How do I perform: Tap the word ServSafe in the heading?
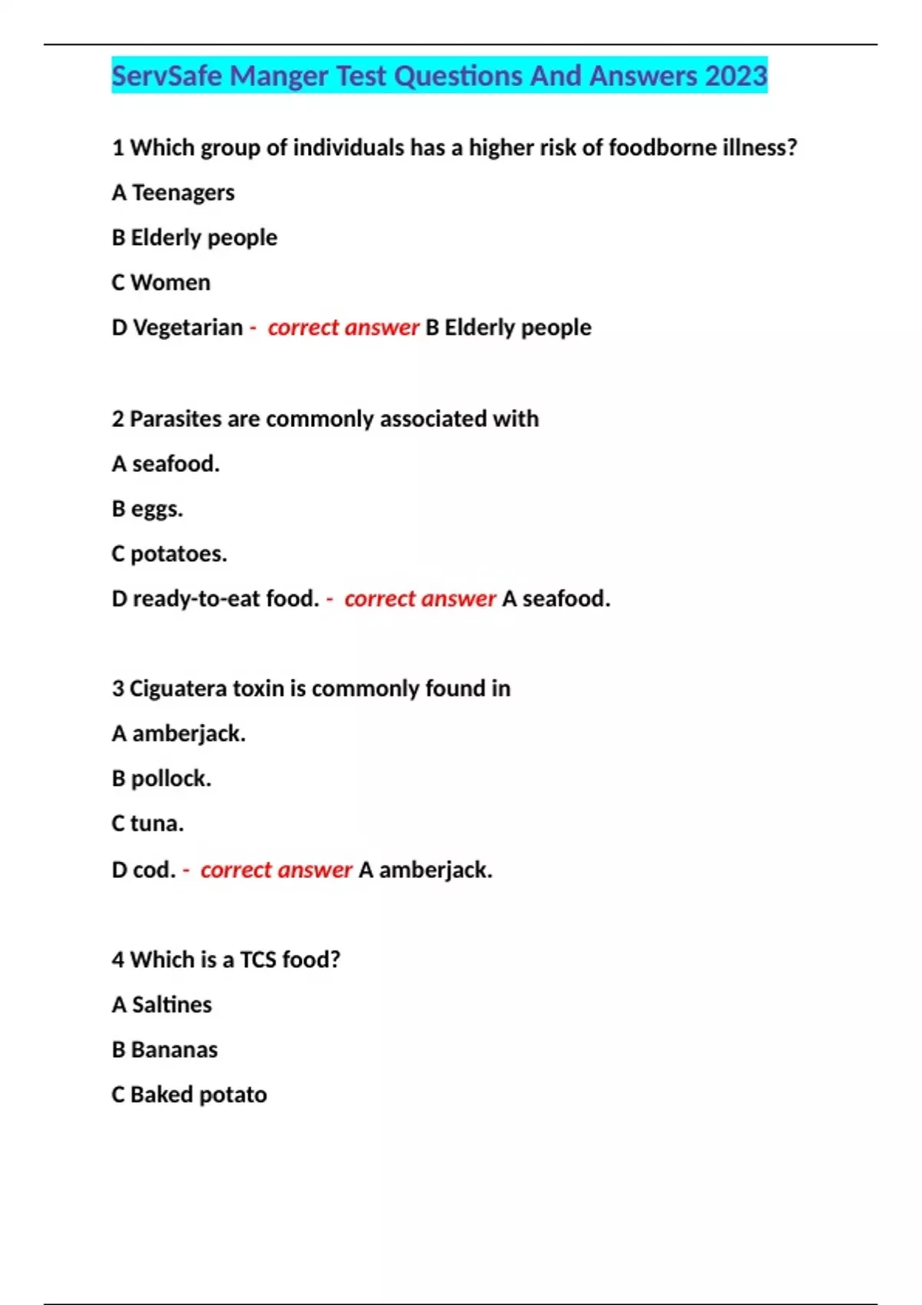tap(167, 76)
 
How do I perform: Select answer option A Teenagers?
tap(174, 193)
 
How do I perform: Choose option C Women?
tap(161, 282)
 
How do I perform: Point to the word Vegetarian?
tap(188, 328)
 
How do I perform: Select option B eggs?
tap(148, 509)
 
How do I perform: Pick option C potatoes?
tap(170, 553)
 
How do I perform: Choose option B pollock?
tap(161, 778)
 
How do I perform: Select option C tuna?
tap(148, 824)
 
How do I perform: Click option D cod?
tap(144, 870)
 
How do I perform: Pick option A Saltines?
tap(162, 1005)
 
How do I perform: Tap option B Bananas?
tap(165, 1049)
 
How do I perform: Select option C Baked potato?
tap(190, 1095)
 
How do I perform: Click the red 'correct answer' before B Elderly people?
tap(343, 328)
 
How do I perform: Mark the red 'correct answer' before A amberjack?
tap(276, 870)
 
